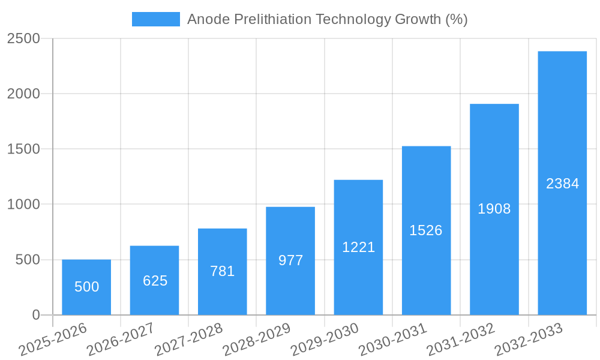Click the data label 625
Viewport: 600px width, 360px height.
[155, 281]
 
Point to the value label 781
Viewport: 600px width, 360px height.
[222, 271]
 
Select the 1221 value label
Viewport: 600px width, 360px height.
[358, 247]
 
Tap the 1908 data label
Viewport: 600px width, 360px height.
[494, 209]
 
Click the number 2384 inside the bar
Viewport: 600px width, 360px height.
[562, 184]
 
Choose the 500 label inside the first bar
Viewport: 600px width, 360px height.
[87, 287]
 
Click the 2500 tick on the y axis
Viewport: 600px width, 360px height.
[23, 39]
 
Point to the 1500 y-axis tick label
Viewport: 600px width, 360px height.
[23, 149]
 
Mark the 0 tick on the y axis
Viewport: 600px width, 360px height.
[35, 315]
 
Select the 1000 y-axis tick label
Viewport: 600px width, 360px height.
[23, 205]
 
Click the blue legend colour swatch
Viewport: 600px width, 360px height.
[156, 19]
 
